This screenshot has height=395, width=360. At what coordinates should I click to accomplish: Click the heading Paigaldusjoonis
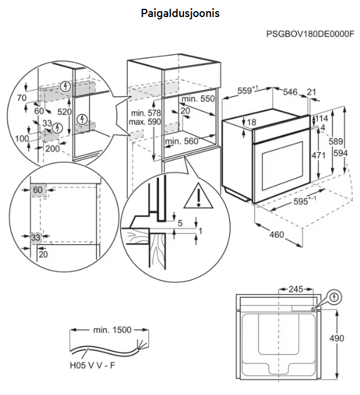pyautogui.click(x=180, y=13)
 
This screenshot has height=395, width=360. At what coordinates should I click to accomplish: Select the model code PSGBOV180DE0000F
pyautogui.click(x=310, y=34)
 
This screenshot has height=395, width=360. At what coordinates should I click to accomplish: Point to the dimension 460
pyautogui.click(x=276, y=235)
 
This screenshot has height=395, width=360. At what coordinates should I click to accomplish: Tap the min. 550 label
pyautogui.click(x=198, y=99)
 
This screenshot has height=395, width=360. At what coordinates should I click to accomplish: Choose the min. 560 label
pyautogui.click(x=181, y=141)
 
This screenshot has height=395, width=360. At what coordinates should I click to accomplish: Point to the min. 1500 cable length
pyautogui.click(x=111, y=330)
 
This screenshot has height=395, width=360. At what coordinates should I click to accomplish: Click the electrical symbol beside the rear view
pyautogui.click(x=334, y=298)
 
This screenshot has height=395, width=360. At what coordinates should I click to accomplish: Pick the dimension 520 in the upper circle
pyautogui.click(x=64, y=112)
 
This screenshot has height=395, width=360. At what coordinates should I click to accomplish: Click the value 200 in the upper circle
pyautogui.click(x=52, y=149)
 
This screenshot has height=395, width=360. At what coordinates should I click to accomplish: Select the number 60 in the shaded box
pyautogui.click(x=38, y=190)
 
